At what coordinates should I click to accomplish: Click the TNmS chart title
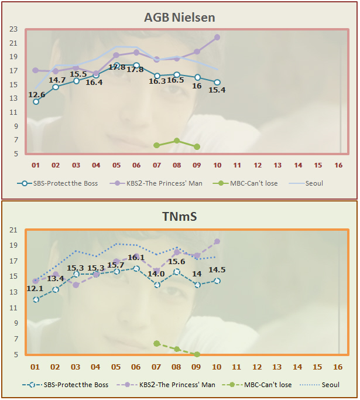coord(180,217)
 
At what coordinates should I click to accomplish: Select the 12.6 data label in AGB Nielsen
coord(37,94)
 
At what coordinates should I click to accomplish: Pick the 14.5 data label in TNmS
coord(218,270)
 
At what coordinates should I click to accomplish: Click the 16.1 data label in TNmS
coord(136,257)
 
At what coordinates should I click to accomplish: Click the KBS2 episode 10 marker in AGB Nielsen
coord(217,37)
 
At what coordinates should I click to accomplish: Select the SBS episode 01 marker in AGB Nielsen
coord(36,102)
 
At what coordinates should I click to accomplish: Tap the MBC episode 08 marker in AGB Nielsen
coord(177,141)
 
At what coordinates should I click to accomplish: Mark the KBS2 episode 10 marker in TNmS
coord(217,241)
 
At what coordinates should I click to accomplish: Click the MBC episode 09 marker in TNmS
coord(197,354)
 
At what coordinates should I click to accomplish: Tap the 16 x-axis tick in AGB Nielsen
coord(338,166)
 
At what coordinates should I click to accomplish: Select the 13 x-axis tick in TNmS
coord(277,367)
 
